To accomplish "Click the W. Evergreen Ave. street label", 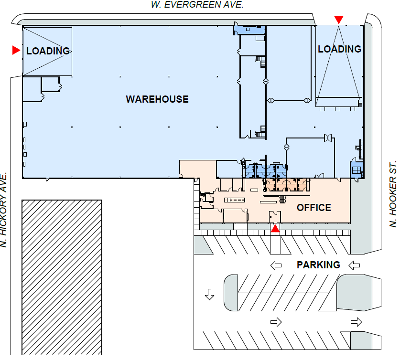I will pyautogui.click(x=197, y=5).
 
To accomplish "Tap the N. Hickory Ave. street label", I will pyautogui.click(x=4, y=210).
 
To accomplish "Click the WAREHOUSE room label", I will pyautogui.click(x=157, y=99).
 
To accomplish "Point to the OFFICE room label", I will pyautogui.click(x=314, y=208).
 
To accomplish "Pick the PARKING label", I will pyautogui.click(x=318, y=265).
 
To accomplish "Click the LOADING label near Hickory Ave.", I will pyautogui.click(x=48, y=51).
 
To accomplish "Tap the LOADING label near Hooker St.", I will pyautogui.click(x=339, y=49).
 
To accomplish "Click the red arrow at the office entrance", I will pyautogui.click(x=275, y=229).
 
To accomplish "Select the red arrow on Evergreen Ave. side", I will pyautogui.click(x=338, y=20).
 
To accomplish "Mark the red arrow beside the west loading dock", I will pyautogui.click(x=16, y=50).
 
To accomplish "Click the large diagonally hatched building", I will pyautogui.click(x=62, y=277).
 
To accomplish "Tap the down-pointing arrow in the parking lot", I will pyautogui.click(x=209, y=295).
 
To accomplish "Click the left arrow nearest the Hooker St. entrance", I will pyautogui.click(x=354, y=265).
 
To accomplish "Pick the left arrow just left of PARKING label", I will pyautogui.click(x=276, y=265).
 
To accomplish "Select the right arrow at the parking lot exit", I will pyautogui.click(x=356, y=322).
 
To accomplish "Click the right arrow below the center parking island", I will pyautogui.click(x=276, y=322).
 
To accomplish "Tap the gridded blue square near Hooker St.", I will pyautogui.click(x=356, y=170).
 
